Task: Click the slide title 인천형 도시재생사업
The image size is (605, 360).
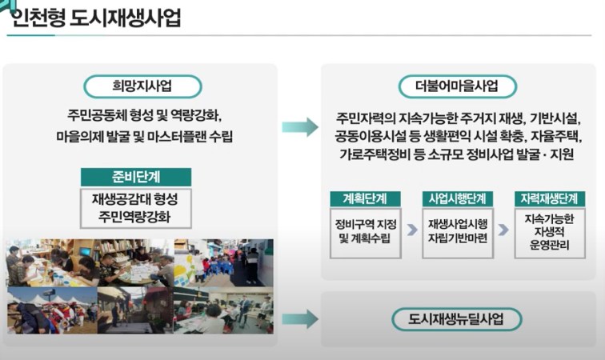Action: pyautogui.click(x=94, y=16)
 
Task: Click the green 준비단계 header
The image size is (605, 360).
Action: pyautogui.click(x=136, y=178)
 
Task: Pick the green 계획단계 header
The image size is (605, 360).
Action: pyautogui.click(x=364, y=198)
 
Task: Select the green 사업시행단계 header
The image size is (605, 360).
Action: pyautogui.click(x=457, y=198)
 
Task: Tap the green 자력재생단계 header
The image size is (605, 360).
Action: pyautogui.click(x=550, y=198)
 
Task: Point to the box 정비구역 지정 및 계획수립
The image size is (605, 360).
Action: pyautogui.click(x=364, y=230)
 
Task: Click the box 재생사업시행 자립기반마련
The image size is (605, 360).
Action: pyautogui.click(x=457, y=230)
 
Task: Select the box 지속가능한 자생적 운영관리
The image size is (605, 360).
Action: pyautogui.click(x=550, y=230)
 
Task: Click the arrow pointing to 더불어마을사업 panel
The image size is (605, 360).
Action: pyautogui.click(x=299, y=126)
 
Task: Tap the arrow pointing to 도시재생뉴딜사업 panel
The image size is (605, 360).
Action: pyautogui.click(x=299, y=320)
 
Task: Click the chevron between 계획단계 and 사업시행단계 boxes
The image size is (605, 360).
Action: pyautogui.click(x=411, y=230)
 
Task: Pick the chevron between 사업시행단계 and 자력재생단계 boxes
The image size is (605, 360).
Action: pyautogui.click(x=504, y=230)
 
